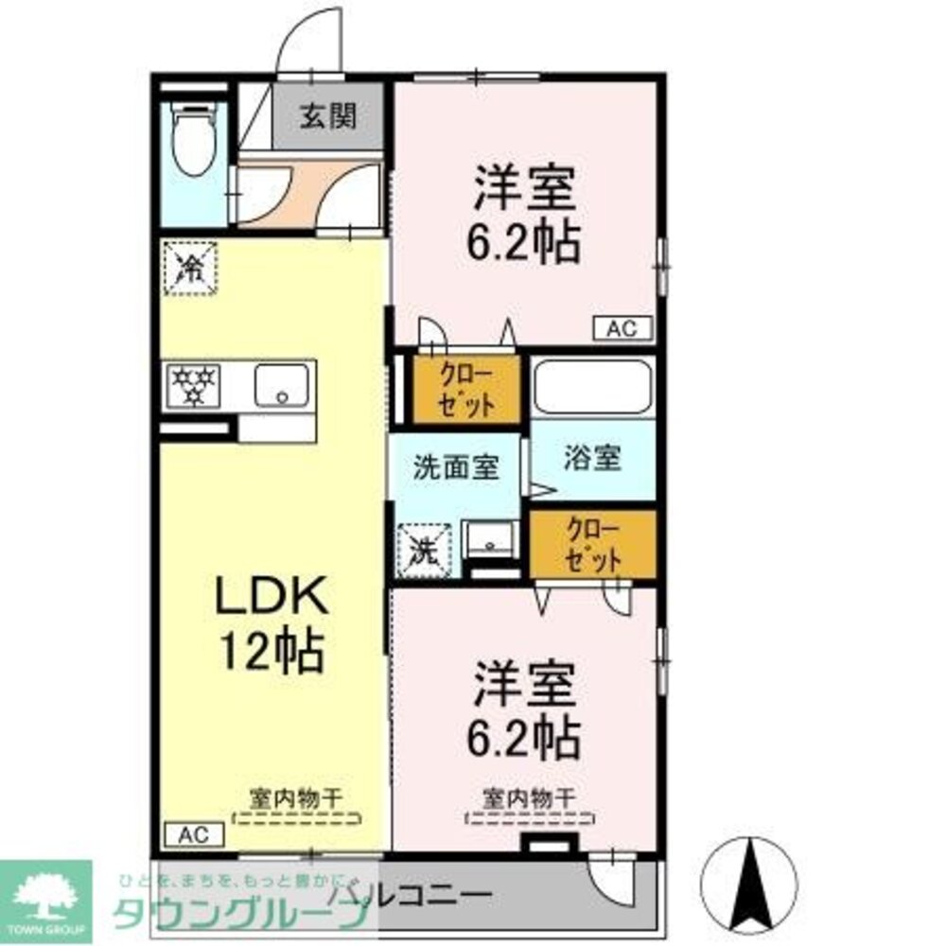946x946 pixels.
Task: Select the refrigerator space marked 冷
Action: point(190,268)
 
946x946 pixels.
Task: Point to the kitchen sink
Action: point(280,385)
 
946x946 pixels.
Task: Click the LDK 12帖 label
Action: point(272,624)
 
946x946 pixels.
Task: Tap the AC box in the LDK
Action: point(195,834)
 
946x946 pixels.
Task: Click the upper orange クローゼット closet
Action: point(466,389)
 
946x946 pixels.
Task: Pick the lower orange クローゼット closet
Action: point(592,544)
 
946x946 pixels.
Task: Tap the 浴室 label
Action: point(593,458)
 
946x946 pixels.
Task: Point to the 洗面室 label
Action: point(456,465)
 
